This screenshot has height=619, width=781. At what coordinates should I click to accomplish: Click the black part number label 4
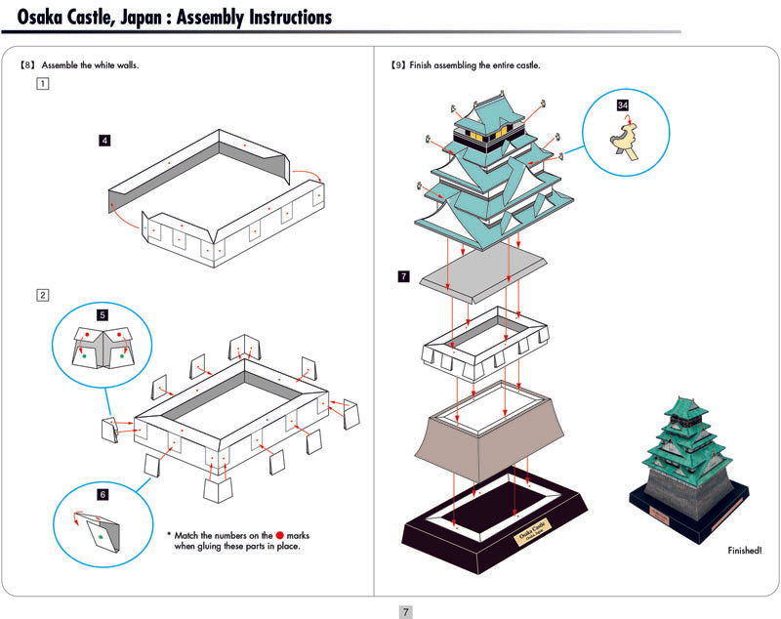[x=104, y=141]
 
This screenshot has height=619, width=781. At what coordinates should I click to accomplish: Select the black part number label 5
[x=103, y=315]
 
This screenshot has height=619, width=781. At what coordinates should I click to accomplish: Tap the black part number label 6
[x=102, y=495]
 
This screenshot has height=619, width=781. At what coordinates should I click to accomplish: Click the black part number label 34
[x=623, y=103]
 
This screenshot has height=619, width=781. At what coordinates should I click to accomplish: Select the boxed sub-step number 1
[x=42, y=84]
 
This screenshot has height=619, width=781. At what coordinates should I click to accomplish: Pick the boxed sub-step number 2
[x=42, y=295]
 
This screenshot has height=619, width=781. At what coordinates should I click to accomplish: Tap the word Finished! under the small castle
[x=746, y=551]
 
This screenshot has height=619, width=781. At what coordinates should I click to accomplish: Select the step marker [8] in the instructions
[x=27, y=65]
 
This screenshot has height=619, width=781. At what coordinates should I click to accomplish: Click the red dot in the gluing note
[x=279, y=535]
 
